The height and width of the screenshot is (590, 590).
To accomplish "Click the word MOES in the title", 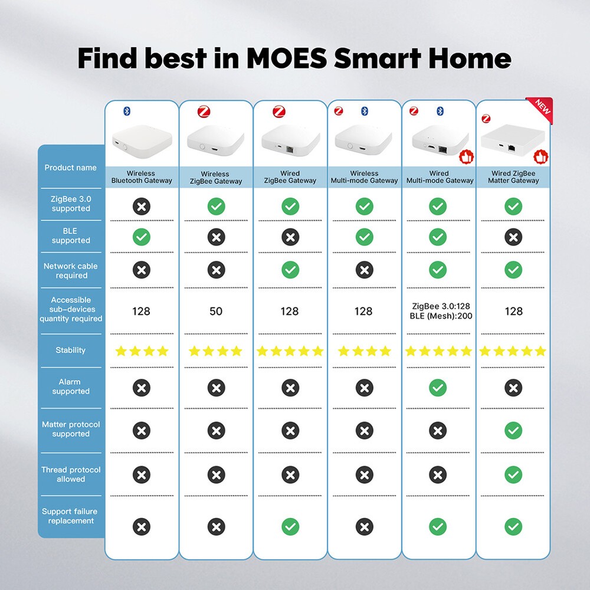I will (x=287, y=58).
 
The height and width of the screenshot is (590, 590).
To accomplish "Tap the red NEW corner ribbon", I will (x=542, y=109).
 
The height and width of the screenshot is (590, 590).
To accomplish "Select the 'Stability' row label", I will (x=71, y=350).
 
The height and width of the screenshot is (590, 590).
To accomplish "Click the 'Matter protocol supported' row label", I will (x=71, y=429).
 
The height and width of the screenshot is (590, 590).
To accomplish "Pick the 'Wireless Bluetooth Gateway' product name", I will (x=142, y=177).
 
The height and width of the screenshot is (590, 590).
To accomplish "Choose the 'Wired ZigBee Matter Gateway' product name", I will (x=513, y=177).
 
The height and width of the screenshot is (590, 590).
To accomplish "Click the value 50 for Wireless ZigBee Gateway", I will (x=216, y=311).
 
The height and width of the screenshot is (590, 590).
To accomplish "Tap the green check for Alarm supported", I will (x=438, y=388).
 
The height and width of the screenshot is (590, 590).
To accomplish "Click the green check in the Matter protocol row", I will (x=513, y=431).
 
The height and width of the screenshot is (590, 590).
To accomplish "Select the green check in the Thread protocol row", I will (x=513, y=474).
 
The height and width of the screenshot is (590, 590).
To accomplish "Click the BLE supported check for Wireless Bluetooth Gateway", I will (x=142, y=237).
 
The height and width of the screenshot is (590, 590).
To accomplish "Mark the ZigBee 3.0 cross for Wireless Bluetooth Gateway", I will (x=142, y=206).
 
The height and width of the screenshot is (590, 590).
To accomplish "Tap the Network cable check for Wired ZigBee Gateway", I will (x=290, y=270).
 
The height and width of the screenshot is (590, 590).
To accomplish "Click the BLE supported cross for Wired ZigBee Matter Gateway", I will (x=513, y=237).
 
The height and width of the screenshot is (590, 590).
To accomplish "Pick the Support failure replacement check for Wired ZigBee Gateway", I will (x=290, y=526).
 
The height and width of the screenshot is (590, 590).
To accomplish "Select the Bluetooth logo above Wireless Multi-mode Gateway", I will (x=364, y=111).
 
